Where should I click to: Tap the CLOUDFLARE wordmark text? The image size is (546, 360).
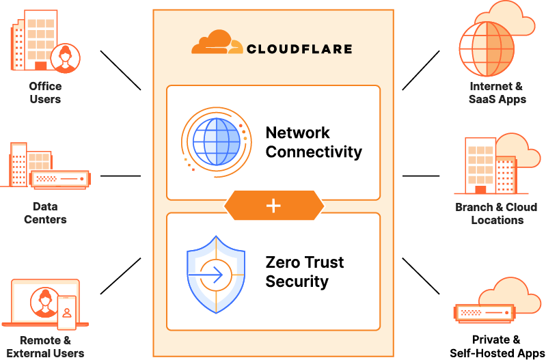click(299, 49)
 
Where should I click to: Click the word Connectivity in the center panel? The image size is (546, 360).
click(314, 152)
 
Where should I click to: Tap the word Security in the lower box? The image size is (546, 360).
click(297, 281)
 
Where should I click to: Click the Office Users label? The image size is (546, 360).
click(45, 93)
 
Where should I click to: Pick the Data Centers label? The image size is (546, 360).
click(45, 212)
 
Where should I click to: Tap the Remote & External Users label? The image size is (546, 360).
click(45, 346)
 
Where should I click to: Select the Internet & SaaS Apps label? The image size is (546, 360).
click(497, 93)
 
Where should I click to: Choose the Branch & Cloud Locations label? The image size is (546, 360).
click(497, 213)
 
